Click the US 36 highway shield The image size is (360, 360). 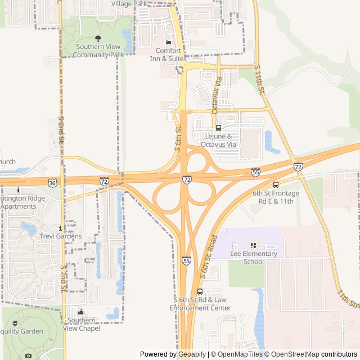(x=52, y=183)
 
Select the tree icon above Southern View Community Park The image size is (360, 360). (x=98, y=38)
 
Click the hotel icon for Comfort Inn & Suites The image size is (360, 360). (x=168, y=43)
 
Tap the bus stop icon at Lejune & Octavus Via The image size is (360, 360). (x=218, y=128)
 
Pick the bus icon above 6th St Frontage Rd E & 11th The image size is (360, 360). (x=276, y=184)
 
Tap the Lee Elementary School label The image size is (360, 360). (x=254, y=258)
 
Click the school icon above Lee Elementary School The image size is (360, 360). (x=253, y=245)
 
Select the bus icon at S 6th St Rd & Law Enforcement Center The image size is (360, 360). (x=200, y=291)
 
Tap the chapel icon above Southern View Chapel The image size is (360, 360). (x=82, y=312)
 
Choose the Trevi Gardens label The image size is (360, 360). (x=60, y=236)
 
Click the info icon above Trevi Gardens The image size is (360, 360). (x=60, y=228)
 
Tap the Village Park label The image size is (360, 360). (x=129, y=4)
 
